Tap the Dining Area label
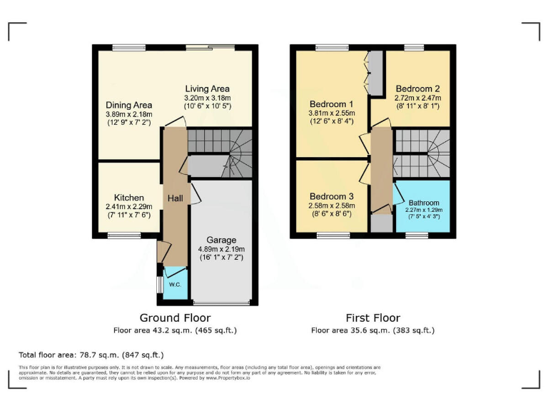pyautogui.click(x=129, y=104)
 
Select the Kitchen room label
pyautogui.click(x=129, y=198)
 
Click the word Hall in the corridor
pyautogui.click(x=176, y=198)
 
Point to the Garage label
pyautogui.click(x=221, y=240)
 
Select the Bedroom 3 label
pyautogui.click(x=331, y=196)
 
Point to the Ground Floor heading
pyautogui.click(x=175, y=318)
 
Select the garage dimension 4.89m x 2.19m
pyautogui.click(x=221, y=249)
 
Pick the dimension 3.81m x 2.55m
pyautogui.click(x=331, y=113)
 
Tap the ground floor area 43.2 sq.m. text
pyautogui.click(x=175, y=330)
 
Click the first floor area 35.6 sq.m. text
pyautogui.click(x=372, y=330)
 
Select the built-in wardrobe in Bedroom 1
pyautogui.click(x=375, y=72)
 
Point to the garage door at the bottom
pyautogui.click(x=221, y=303)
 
